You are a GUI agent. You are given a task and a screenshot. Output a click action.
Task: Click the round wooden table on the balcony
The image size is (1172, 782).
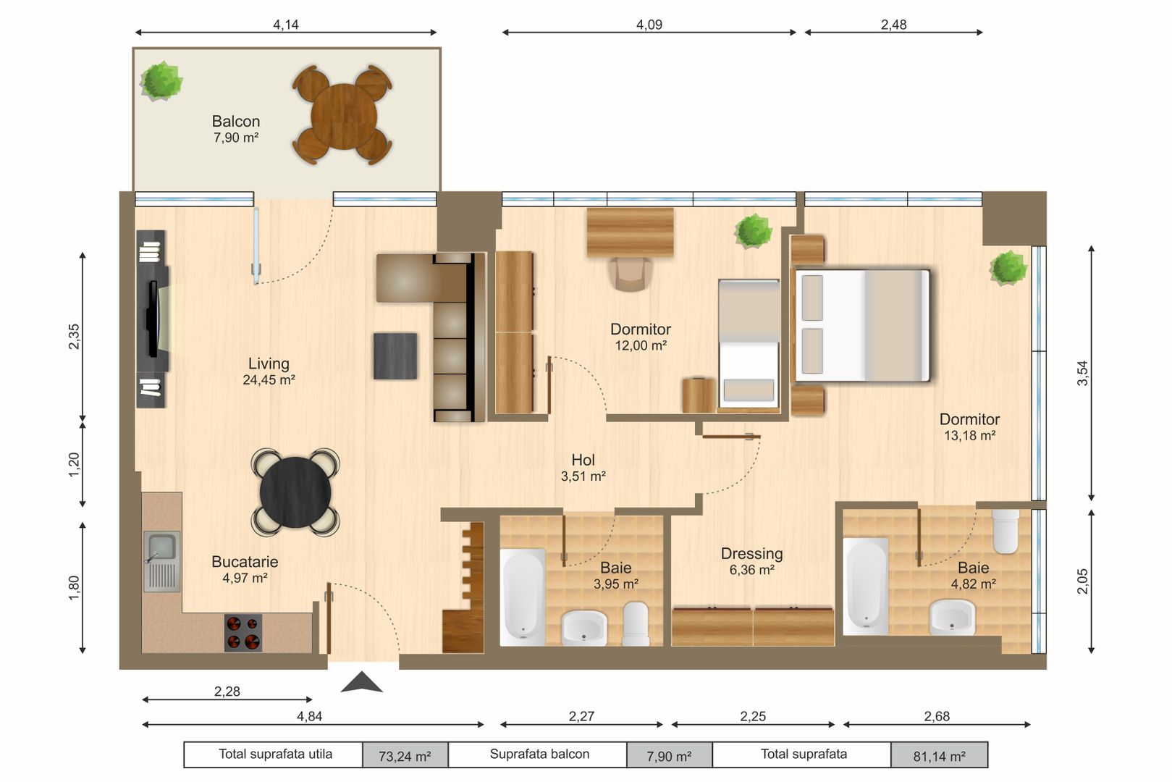[343, 116]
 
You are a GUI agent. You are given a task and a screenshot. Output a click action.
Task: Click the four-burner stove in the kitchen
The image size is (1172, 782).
[243, 633]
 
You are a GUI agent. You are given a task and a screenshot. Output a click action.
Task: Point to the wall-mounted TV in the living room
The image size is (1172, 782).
[153, 319]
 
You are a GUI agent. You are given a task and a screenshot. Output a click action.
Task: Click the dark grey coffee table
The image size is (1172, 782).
[395, 356]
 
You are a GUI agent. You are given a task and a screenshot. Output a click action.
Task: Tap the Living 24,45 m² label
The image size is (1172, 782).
[269, 371]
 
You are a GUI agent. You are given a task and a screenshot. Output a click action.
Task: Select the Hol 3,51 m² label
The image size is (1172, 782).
[583, 468]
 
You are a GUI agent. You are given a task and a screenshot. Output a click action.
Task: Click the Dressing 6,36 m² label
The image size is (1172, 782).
[751, 561]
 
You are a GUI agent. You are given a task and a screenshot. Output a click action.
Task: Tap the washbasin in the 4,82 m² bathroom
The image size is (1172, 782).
[952, 618]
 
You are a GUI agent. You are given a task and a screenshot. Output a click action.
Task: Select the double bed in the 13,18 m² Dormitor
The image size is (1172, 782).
[861, 325]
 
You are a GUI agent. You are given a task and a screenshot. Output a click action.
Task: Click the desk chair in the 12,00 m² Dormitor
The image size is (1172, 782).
[630, 274]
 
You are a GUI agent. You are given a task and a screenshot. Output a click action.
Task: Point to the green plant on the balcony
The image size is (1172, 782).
[161, 80]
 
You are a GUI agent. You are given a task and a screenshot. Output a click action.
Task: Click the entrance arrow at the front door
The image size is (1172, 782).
[361, 682]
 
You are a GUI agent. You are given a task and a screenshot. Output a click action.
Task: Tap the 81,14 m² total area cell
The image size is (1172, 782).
[939, 755]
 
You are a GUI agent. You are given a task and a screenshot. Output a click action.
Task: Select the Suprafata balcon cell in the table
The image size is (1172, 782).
[539, 754]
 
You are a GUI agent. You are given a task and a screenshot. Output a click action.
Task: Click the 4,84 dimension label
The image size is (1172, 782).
[309, 716]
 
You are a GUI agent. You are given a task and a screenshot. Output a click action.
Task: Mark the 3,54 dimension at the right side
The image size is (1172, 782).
[1082, 373]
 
